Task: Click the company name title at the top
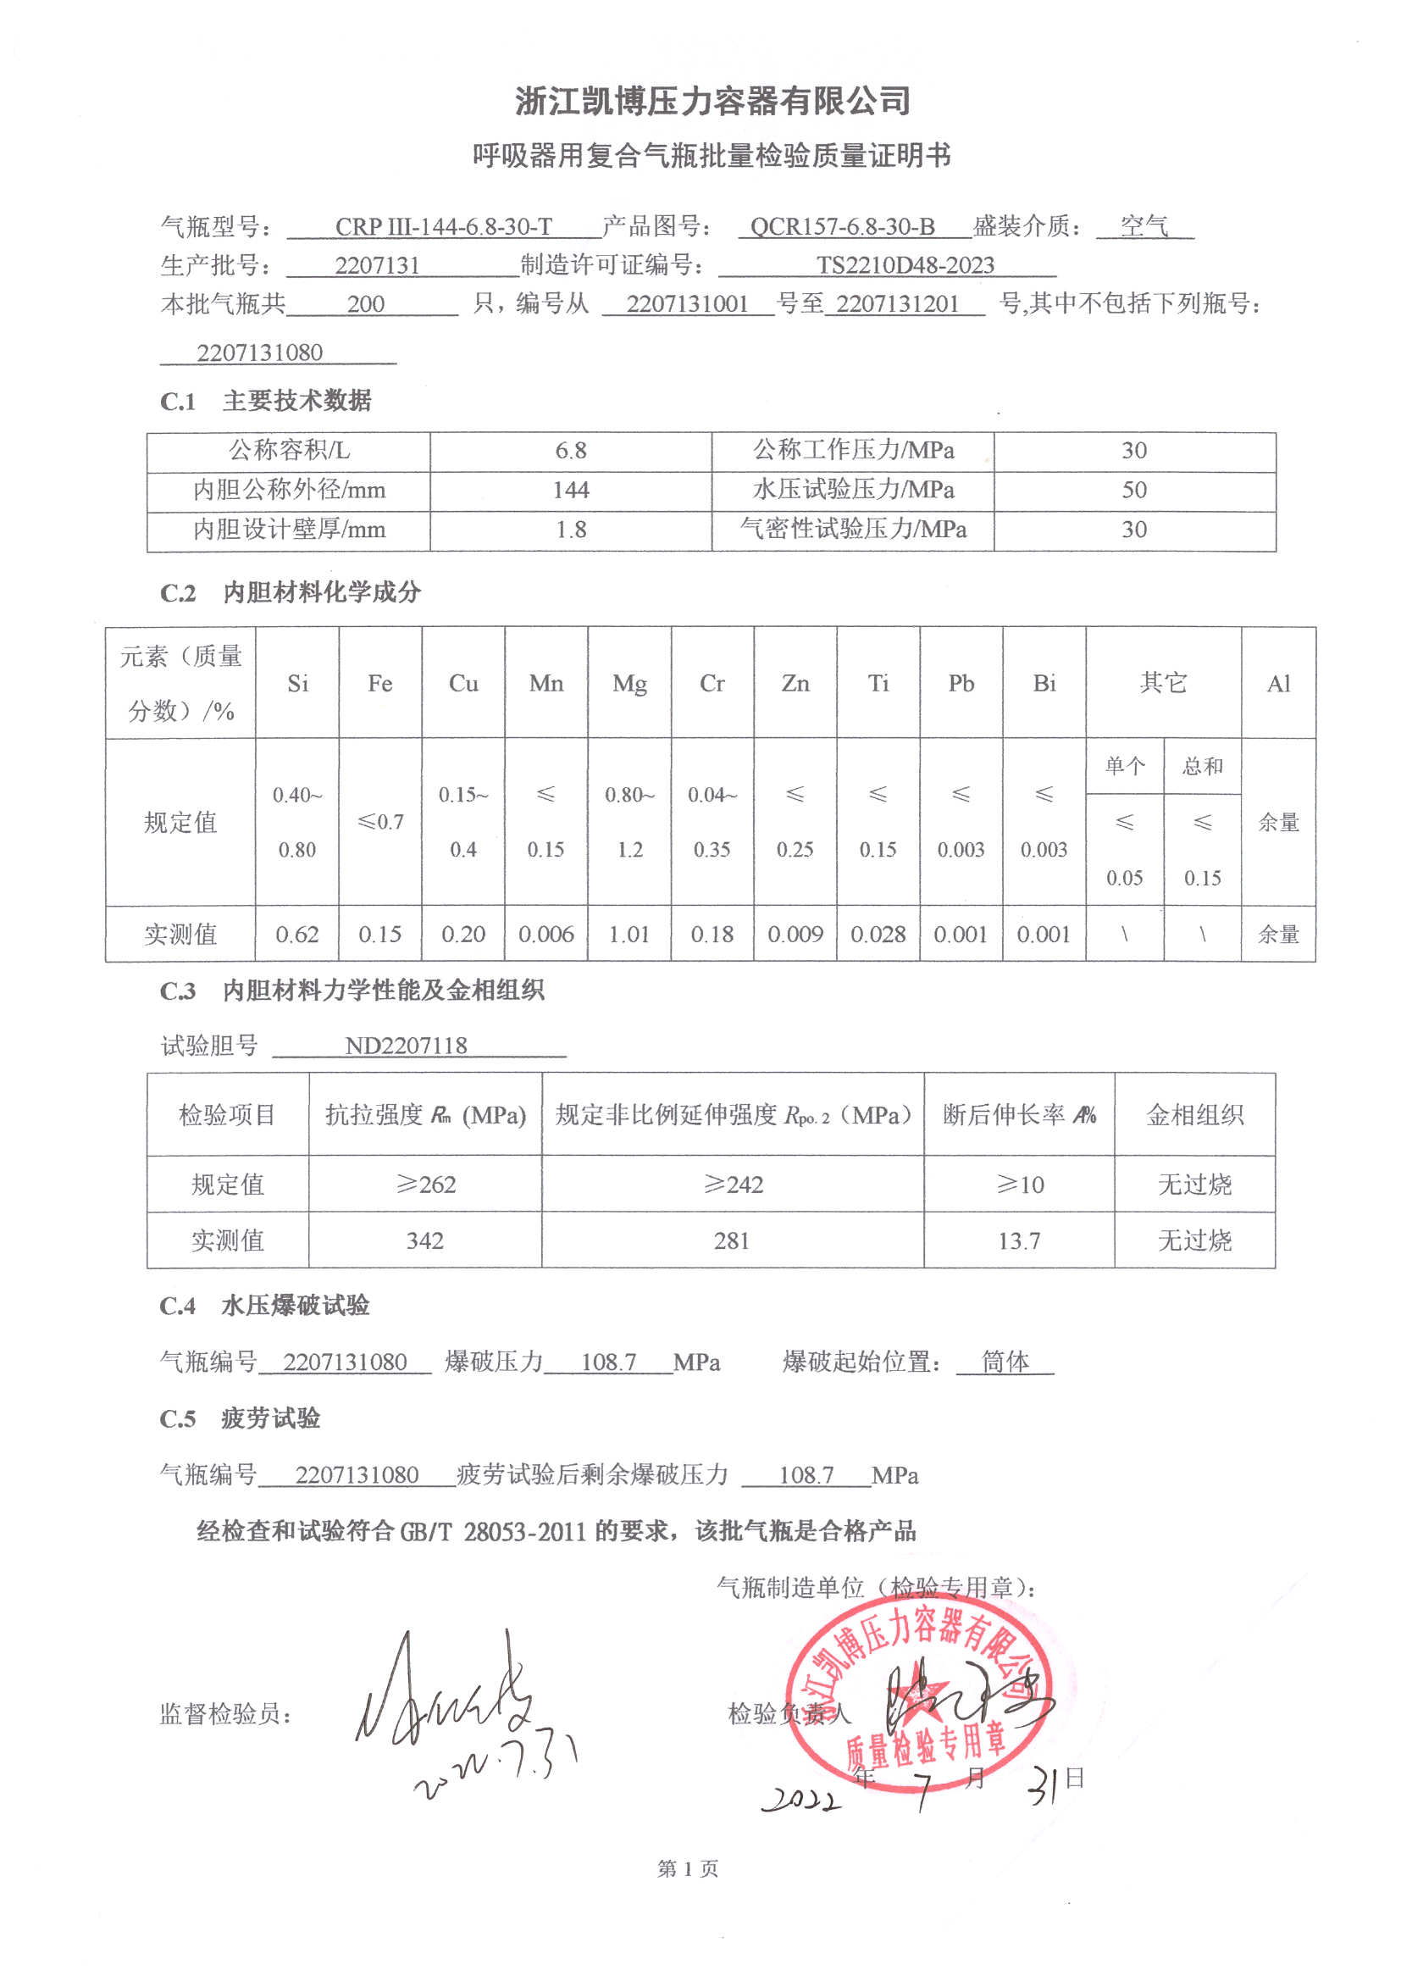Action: click(712, 101)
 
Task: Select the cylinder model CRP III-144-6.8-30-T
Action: click(443, 227)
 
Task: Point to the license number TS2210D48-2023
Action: click(905, 265)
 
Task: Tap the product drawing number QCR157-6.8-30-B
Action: click(842, 227)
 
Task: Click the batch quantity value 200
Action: click(366, 303)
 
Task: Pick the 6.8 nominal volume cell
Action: click(570, 451)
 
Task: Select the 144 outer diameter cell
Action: click(570, 490)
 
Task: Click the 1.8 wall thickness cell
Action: click(570, 529)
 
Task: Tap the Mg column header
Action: click(629, 683)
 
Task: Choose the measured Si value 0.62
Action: click(296, 934)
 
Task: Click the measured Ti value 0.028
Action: click(878, 934)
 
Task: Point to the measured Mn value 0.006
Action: click(546, 934)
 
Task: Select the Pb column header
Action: click(961, 683)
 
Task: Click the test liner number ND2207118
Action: click(407, 1046)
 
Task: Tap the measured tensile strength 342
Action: click(424, 1240)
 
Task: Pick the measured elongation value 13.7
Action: click(1019, 1240)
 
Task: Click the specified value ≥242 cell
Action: click(733, 1185)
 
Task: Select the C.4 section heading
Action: click(265, 1306)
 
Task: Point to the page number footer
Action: click(688, 1869)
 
